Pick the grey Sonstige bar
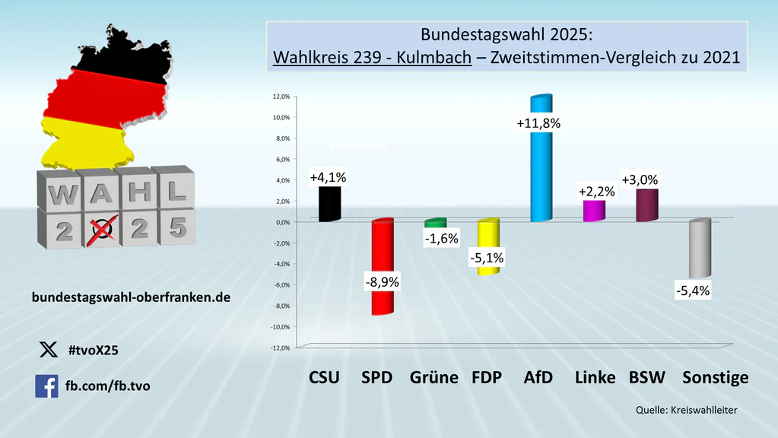700,250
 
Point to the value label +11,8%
538,123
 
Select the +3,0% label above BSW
640,180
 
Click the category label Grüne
433,378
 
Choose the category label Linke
595,378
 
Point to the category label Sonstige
715,378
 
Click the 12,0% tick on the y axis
281,97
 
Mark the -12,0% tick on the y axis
280,348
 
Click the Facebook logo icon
46,386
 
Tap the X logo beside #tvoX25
47,350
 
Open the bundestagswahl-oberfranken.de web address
131,298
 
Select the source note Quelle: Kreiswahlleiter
687,411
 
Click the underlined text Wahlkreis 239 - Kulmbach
372,58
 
